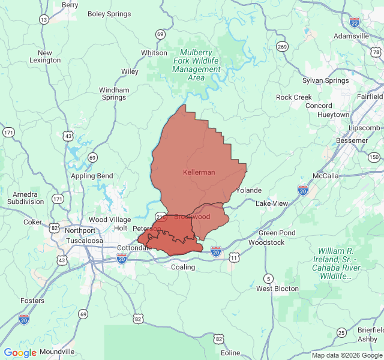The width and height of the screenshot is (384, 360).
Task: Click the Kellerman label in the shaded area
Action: (199, 172)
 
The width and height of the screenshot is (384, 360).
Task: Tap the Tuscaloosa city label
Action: (84, 241)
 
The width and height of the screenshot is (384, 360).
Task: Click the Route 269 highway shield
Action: (282, 46)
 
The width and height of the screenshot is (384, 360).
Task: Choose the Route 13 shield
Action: (44, 19)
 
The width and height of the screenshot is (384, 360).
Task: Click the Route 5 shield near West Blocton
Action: (268, 278)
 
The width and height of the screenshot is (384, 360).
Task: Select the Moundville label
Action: (58, 352)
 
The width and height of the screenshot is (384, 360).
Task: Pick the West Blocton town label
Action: (277, 289)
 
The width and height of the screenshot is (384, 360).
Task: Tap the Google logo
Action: (20, 353)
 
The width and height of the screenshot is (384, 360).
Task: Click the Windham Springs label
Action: (113, 94)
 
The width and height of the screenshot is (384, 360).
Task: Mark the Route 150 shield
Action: (374, 157)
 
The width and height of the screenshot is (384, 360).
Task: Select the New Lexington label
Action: (45, 56)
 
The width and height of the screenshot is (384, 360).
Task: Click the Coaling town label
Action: (183, 267)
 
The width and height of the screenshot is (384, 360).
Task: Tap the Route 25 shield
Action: (341, 332)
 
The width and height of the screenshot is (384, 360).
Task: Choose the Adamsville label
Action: (351, 36)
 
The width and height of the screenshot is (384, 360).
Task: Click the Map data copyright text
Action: (346, 355)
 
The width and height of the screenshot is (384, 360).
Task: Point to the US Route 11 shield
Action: (234, 257)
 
